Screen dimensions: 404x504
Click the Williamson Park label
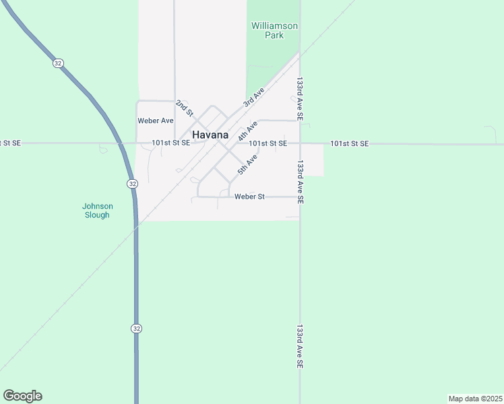(x=274, y=30)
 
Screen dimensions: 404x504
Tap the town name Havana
(x=210, y=135)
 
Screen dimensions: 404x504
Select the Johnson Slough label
(x=97, y=211)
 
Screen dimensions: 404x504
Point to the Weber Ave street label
(x=156, y=121)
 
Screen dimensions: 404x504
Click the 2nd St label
(x=184, y=107)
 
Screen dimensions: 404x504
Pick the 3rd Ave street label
(x=253, y=97)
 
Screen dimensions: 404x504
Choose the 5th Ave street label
(x=247, y=165)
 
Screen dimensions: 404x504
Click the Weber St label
(x=250, y=197)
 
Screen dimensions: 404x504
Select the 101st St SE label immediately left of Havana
(x=170, y=143)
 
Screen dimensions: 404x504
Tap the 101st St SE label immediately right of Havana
(x=267, y=143)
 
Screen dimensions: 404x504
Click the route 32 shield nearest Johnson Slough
(x=132, y=183)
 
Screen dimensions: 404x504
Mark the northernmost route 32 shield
(x=58, y=63)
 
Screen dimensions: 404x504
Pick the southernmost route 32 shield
(x=136, y=328)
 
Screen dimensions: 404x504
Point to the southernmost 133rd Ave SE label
(x=300, y=346)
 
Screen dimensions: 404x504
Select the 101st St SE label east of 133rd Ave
(x=349, y=143)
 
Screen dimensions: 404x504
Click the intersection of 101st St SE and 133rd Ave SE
(x=300, y=143)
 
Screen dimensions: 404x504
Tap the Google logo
(x=22, y=396)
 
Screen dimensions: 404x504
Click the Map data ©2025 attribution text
(x=475, y=398)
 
